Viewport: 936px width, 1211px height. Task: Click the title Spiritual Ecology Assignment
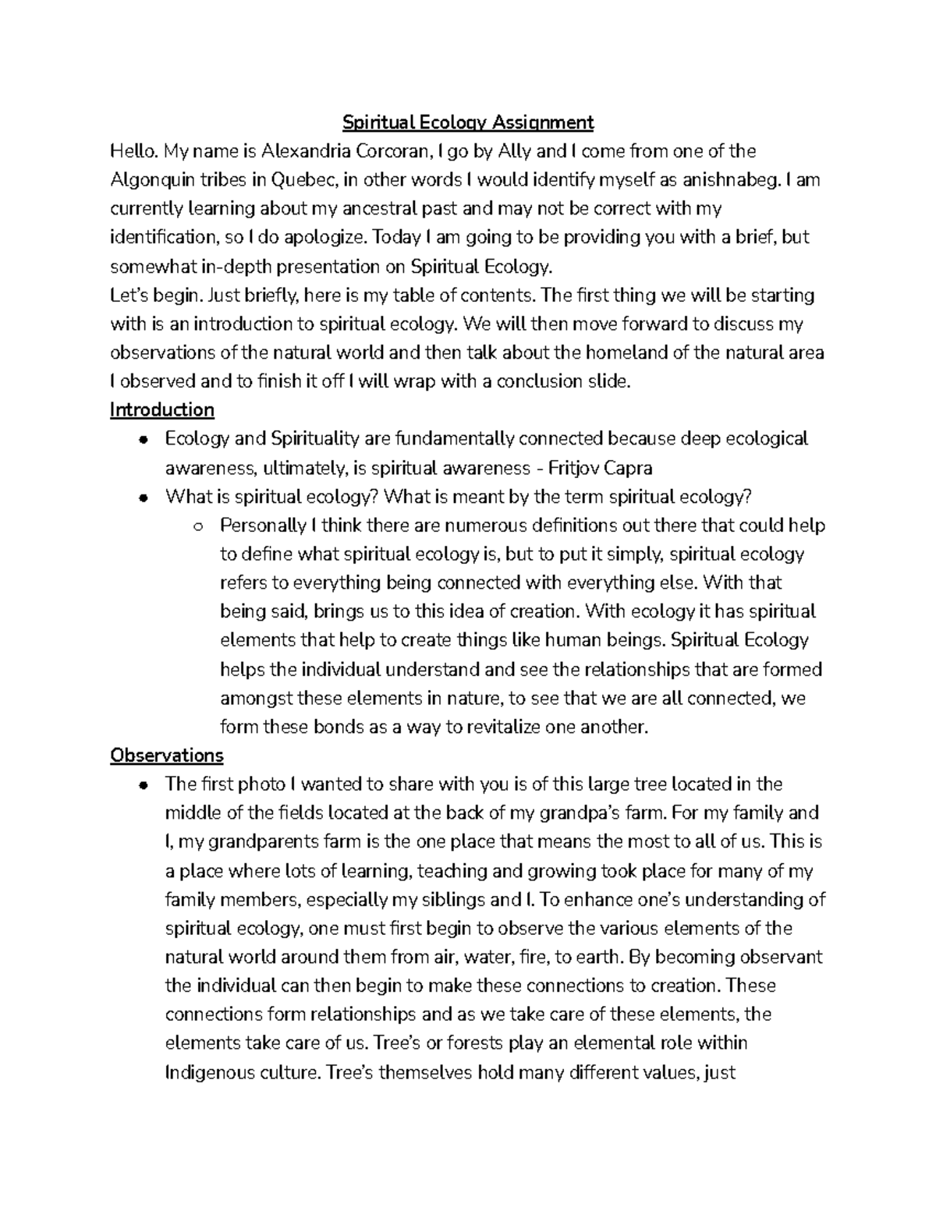468,122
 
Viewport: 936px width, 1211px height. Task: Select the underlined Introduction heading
162,410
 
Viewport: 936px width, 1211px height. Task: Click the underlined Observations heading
167,756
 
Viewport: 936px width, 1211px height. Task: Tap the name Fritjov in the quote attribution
576,468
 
